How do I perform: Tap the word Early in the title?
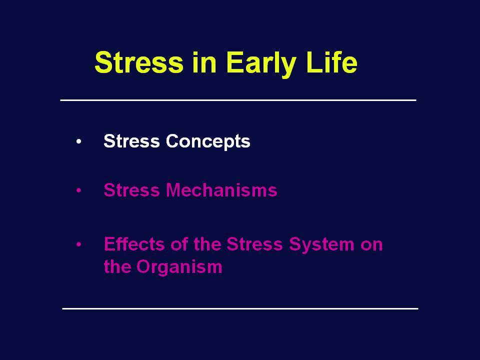[261, 64]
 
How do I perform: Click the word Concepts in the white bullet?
[208, 141]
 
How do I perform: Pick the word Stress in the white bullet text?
[131, 141]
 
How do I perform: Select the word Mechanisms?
[221, 190]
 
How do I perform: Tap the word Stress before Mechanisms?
[131, 190]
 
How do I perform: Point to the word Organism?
[179, 267]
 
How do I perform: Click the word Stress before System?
[254, 244]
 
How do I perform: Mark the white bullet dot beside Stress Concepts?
[79, 141]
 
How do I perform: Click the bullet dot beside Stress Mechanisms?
[79, 190]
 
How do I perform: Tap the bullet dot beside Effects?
[79, 244]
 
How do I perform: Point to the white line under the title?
[238, 100]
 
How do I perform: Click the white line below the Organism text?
[240, 308]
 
